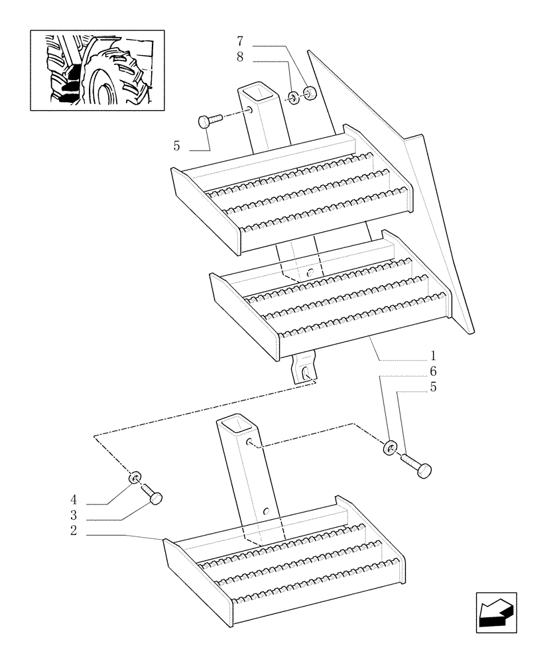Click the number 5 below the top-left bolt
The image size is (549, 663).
click(176, 146)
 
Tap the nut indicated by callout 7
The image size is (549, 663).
click(309, 93)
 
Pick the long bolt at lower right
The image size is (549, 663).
click(416, 463)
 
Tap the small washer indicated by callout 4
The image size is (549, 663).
click(135, 477)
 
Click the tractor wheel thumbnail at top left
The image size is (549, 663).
click(97, 70)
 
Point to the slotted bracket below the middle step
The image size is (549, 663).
click(304, 369)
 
